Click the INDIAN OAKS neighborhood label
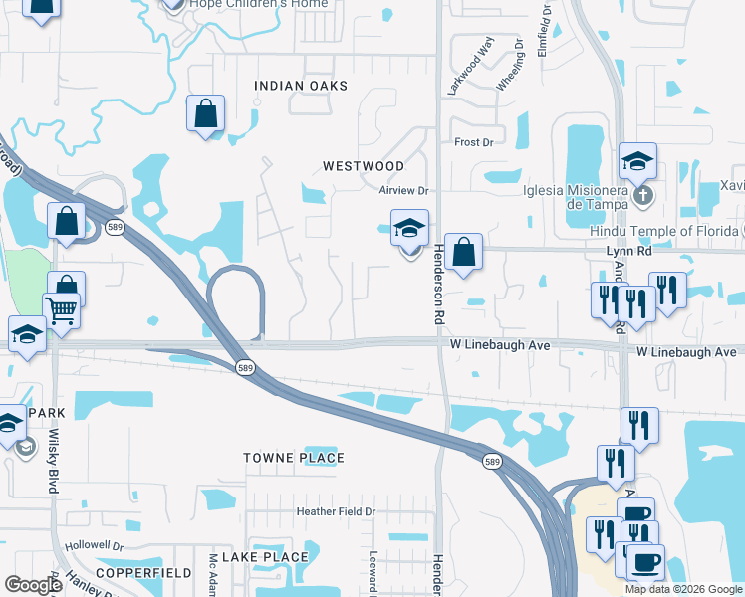(x=301, y=86)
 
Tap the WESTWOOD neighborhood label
(x=363, y=166)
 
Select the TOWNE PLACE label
(x=294, y=458)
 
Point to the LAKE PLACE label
(x=264, y=557)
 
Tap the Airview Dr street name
(x=402, y=190)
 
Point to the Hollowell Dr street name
(x=93, y=546)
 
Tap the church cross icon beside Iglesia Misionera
(x=643, y=195)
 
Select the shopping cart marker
(x=61, y=311)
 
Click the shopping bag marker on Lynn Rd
(x=463, y=252)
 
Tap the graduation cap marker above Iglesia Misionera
(x=637, y=161)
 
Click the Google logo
(x=34, y=585)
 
